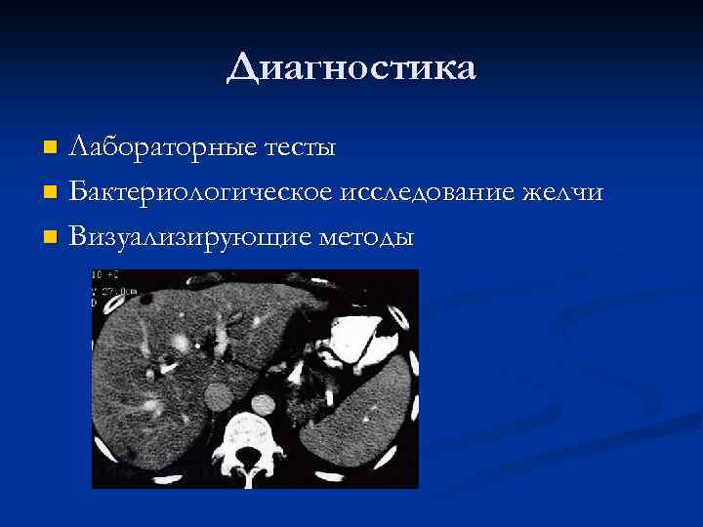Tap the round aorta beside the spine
click(x=262, y=402)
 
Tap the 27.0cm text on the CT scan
click(x=106, y=290)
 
